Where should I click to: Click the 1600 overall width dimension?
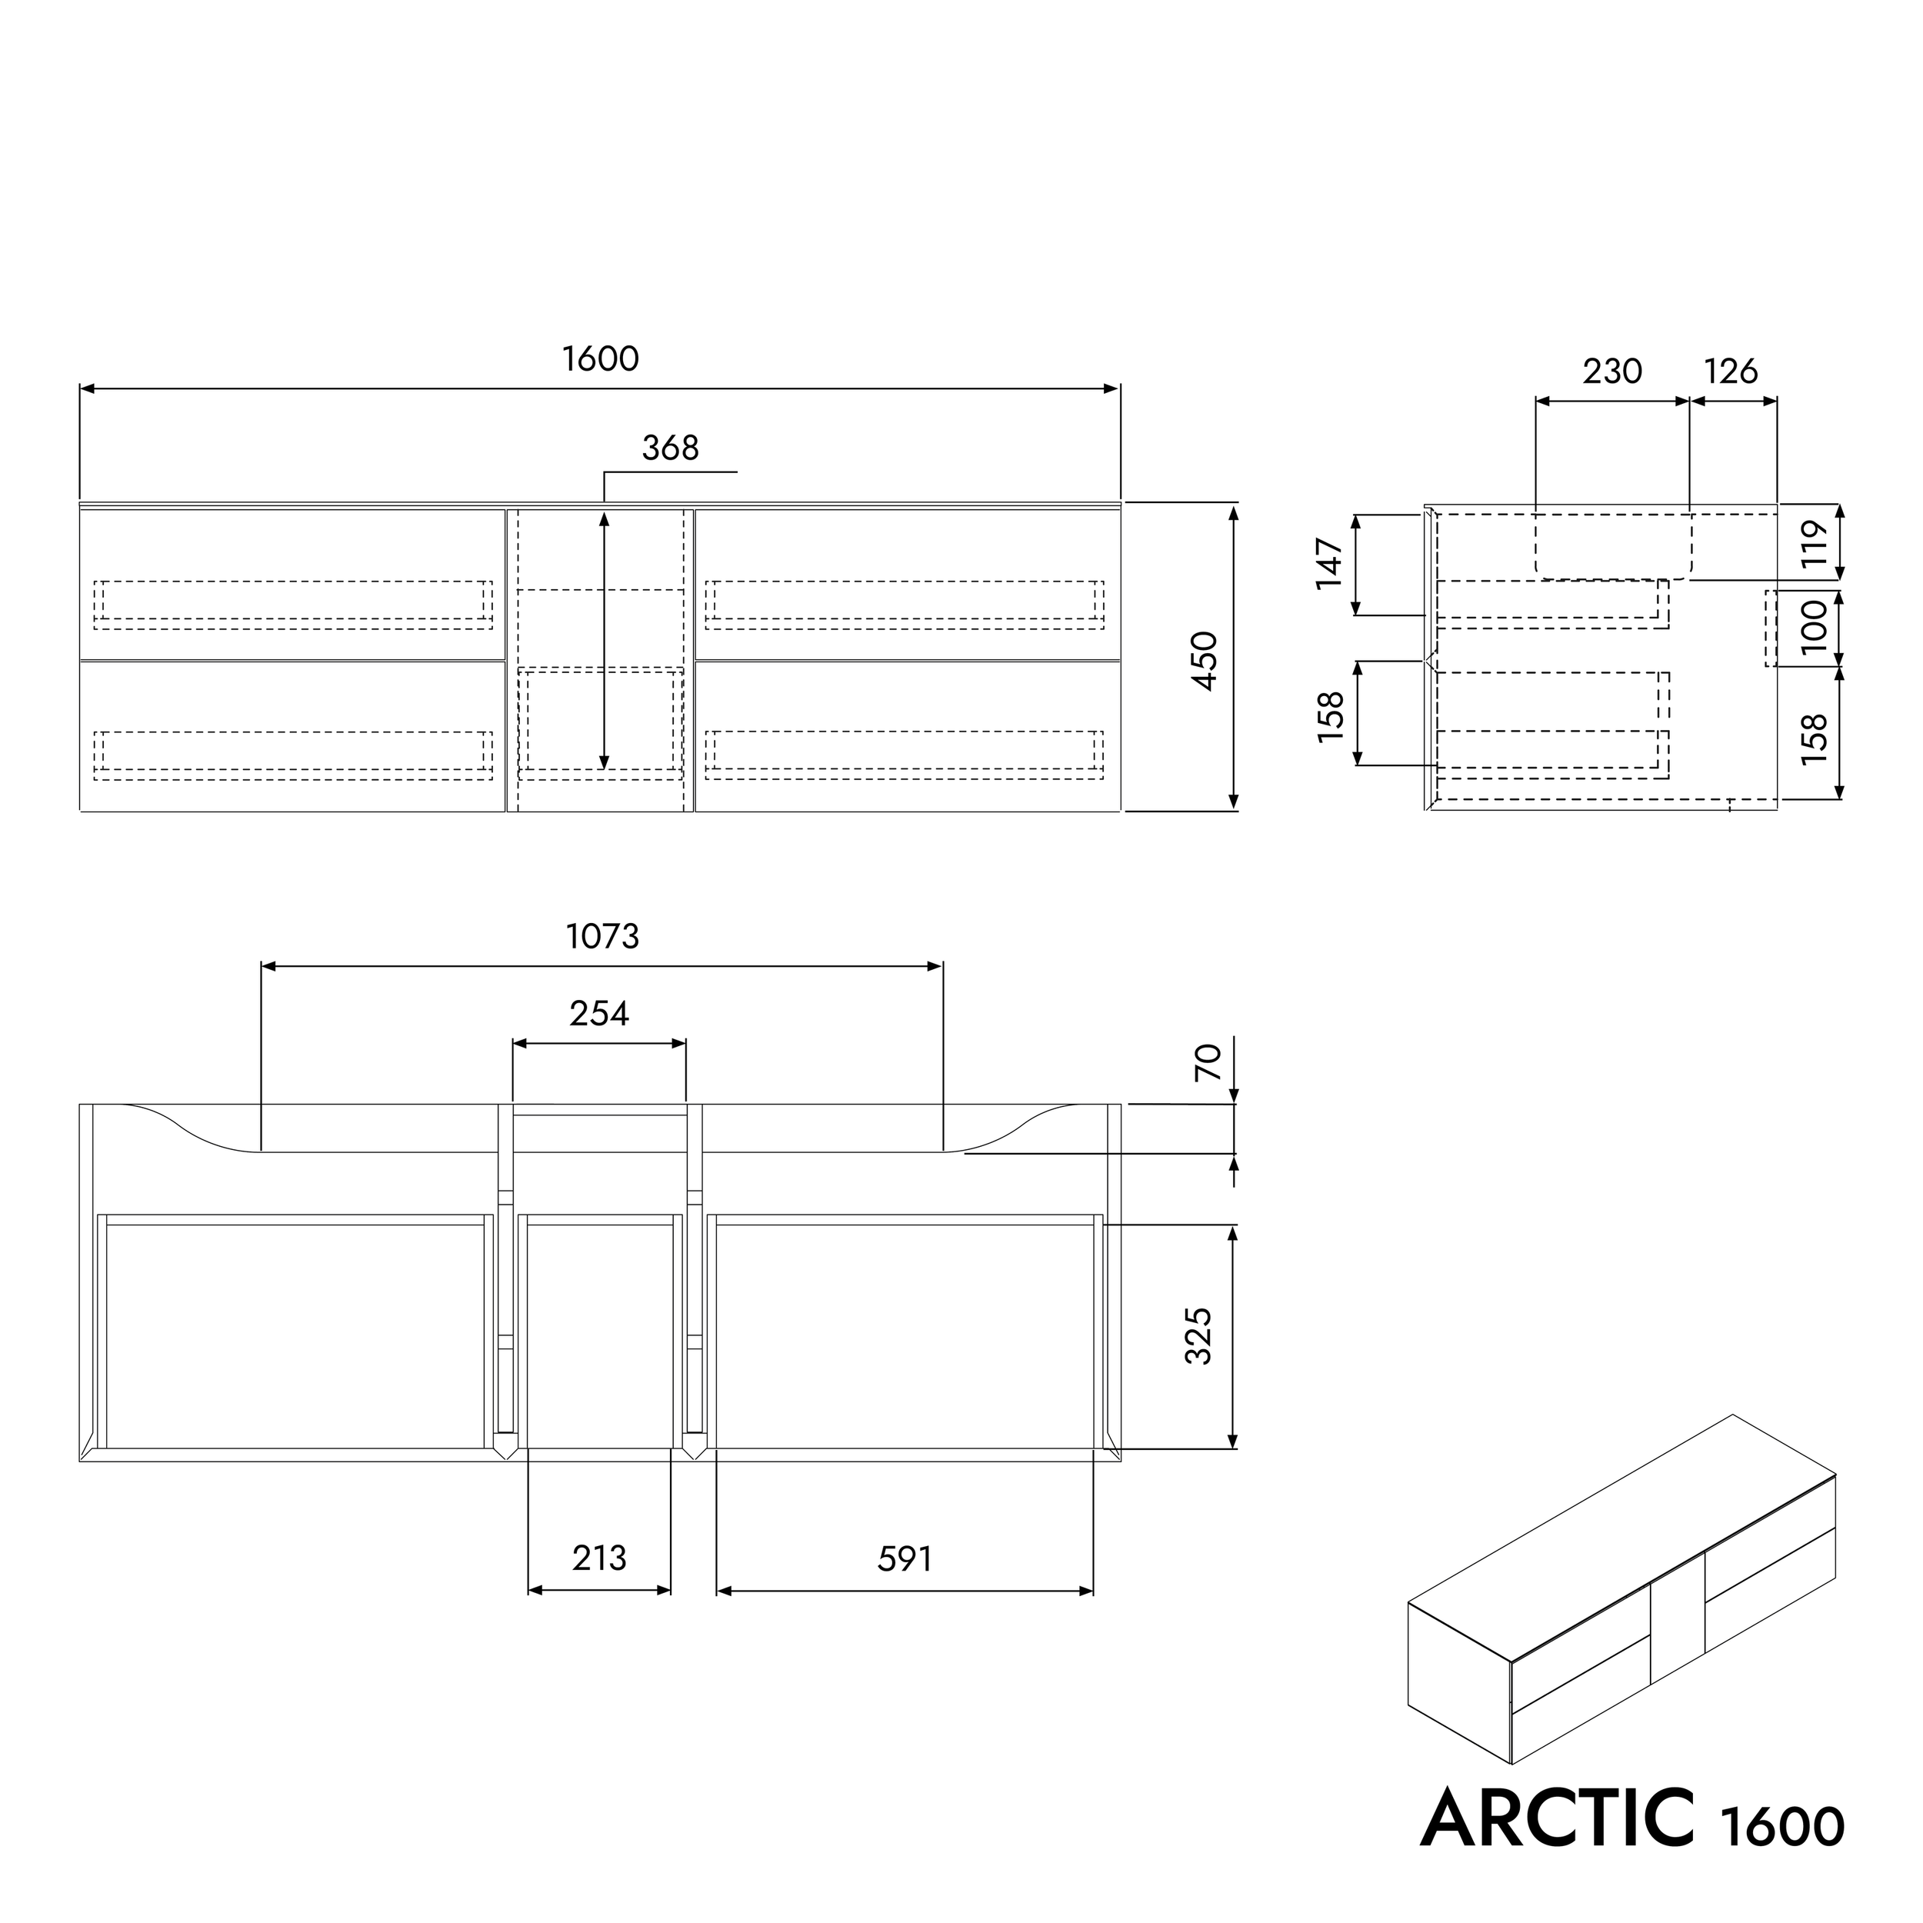click(x=600, y=359)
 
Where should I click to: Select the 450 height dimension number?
click(x=1205, y=660)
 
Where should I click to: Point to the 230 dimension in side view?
click(x=1611, y=372)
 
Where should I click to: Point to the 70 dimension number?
click(x=1206, y=1063)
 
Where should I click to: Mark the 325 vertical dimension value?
click(x=1199, y=1336)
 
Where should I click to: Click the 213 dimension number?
click(x=599, y=1558)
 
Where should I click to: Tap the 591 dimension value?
click(x=904, y=1558)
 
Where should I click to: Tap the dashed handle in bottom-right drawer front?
click(x=904, y=755)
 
